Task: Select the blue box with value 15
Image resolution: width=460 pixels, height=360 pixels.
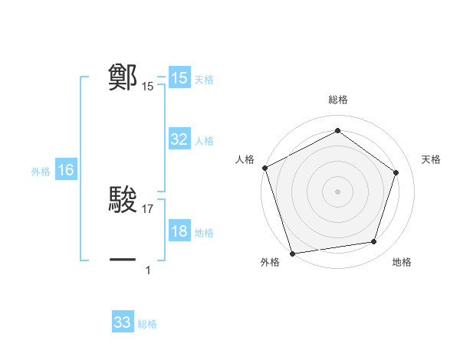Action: (179, 78)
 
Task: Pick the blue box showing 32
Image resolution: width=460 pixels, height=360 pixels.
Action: (179, 139)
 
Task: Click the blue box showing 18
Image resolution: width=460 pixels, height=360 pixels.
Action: (179, 231)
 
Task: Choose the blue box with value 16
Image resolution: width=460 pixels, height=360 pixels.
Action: (66, 170)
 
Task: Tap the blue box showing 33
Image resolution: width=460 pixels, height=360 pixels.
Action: (123, 322)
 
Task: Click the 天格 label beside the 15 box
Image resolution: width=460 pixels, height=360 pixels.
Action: (204, 79)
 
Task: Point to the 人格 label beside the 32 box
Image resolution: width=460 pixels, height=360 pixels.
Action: (204, 140)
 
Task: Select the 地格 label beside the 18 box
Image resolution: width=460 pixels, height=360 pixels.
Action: (204, 232)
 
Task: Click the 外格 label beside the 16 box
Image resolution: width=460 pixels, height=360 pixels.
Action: (41, 172)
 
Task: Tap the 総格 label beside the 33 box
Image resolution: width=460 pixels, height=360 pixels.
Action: (147, 324)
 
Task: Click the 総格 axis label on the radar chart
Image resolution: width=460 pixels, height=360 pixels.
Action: (338, 100)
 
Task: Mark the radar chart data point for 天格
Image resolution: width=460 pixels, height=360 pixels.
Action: (396, 172)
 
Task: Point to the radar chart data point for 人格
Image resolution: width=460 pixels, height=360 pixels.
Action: (264, 168)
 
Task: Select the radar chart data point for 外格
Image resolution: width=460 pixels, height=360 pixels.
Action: (292, 253)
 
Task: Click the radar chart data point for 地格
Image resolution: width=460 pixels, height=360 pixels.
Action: (374, 242)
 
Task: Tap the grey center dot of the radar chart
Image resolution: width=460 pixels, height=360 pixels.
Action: (337, 191)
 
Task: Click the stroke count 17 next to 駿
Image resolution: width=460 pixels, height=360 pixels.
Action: (149, 209)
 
